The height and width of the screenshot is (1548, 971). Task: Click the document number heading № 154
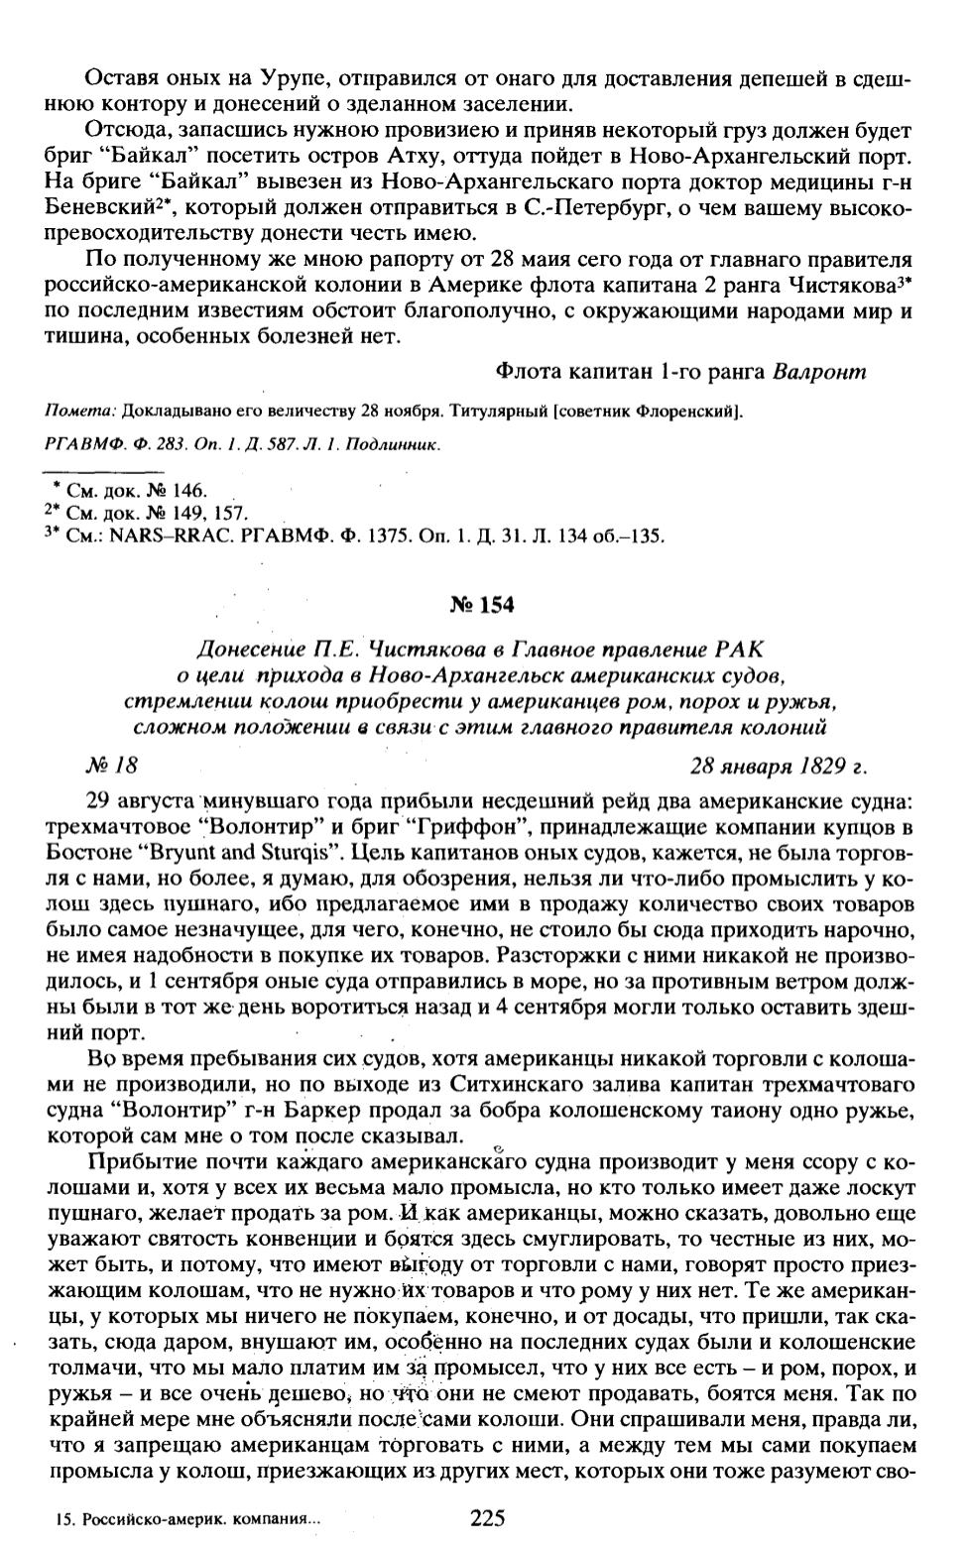click(485, 606)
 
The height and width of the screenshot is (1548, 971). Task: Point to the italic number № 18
click(111, 766)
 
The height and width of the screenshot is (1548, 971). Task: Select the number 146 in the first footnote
click(187, 491)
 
